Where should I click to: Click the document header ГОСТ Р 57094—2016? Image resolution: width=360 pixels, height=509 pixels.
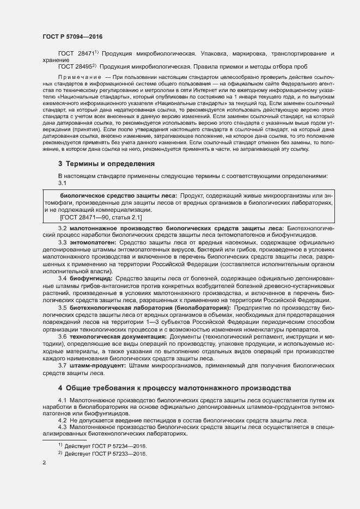(72, 36)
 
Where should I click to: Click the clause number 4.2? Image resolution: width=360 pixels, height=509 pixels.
(62, 421)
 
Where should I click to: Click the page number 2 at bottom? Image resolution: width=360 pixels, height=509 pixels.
(44, 463)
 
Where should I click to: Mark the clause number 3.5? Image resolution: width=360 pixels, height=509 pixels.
(62, 308)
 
